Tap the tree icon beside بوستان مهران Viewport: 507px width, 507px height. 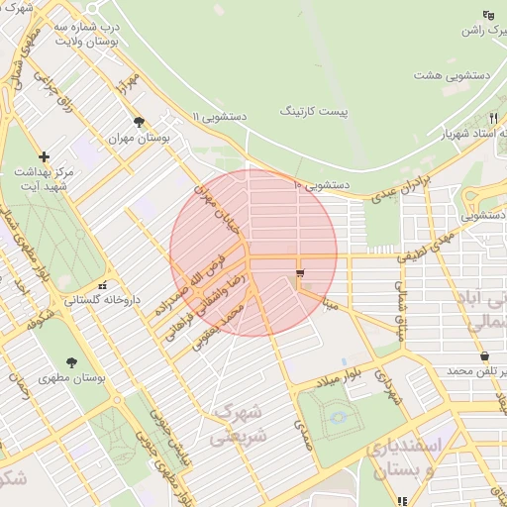[x=139, y=122]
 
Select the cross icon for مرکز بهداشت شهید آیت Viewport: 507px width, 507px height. [x=44, y=156]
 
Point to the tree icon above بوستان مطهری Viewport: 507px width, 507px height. [x=71, y=361]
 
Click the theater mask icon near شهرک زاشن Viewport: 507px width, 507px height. [x=487, y=14]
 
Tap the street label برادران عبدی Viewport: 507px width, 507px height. [x=404, y=187]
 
